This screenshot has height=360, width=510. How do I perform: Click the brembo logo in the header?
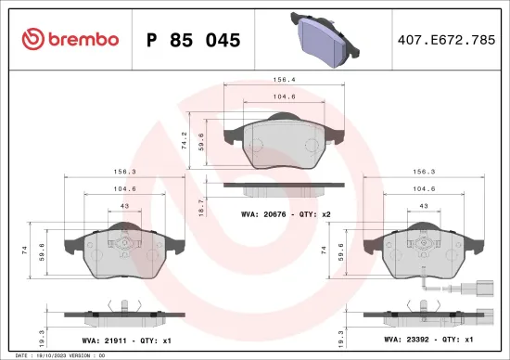70,39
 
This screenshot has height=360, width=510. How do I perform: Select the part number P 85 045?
194,40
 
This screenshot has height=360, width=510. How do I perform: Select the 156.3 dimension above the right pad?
423,172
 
